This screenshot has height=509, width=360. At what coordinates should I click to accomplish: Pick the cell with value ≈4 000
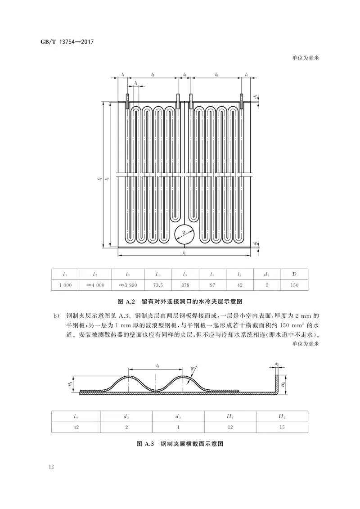click(95, 285)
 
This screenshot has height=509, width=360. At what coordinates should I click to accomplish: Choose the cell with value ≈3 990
click(128, 285)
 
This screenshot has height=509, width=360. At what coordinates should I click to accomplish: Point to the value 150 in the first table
click(294, 285)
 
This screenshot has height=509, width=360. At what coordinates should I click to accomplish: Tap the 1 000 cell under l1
click(65, 285)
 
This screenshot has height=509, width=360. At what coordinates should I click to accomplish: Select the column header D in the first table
click(294, 274)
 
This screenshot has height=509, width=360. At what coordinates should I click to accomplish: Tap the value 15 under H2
click(282, 427)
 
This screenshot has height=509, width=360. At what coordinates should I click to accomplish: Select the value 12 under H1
click(230, 427)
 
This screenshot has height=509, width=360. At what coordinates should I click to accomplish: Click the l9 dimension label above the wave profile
click(157, 366)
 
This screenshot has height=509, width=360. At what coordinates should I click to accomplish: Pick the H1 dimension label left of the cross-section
click(70, 384)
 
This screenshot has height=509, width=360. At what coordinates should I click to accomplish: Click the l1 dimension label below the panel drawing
click(185, 253)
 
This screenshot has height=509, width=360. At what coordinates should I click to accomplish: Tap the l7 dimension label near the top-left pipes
click(136, 84)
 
